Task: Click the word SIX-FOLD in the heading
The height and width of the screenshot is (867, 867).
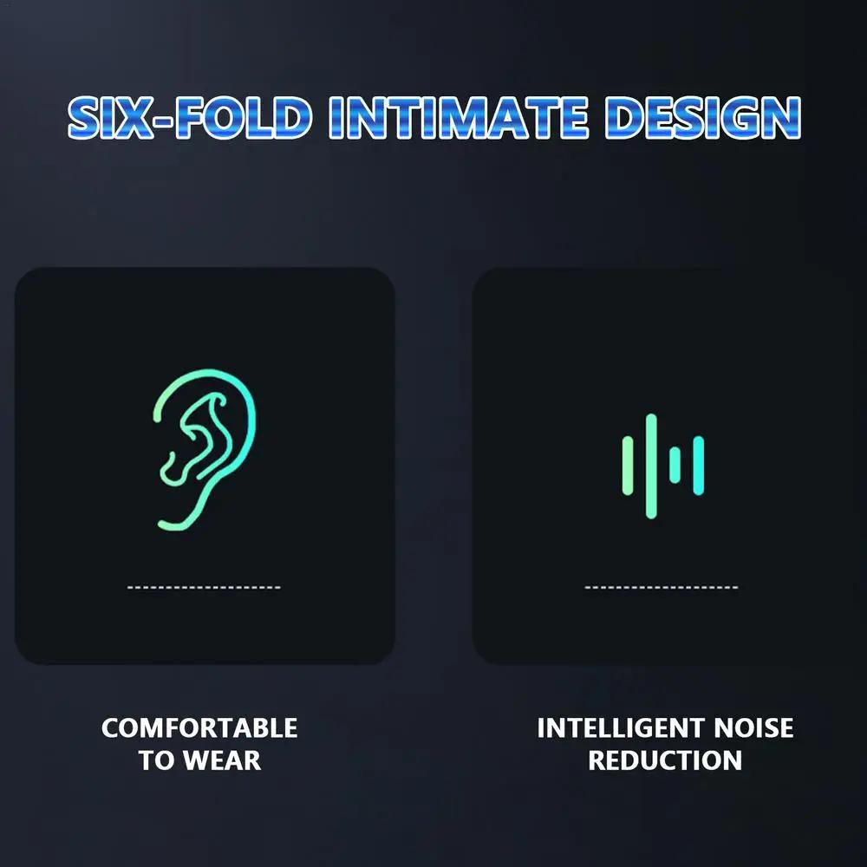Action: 188,119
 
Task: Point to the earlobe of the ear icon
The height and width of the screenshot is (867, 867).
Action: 173,520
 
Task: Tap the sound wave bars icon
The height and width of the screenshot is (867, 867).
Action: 663,466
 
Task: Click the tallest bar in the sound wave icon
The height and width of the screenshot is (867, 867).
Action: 651,466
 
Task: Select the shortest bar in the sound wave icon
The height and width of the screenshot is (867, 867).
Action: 675,466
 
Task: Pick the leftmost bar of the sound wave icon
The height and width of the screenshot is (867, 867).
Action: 628,466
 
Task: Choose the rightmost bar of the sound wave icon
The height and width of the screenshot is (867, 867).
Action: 698,466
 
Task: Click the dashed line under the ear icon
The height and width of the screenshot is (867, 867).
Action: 204,588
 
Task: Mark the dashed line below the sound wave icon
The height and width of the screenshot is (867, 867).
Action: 662,588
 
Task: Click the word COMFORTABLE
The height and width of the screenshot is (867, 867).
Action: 199,727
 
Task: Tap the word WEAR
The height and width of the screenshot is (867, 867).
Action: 221,760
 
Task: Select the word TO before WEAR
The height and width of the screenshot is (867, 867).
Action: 156,760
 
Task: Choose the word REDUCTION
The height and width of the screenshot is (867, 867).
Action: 665,760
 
